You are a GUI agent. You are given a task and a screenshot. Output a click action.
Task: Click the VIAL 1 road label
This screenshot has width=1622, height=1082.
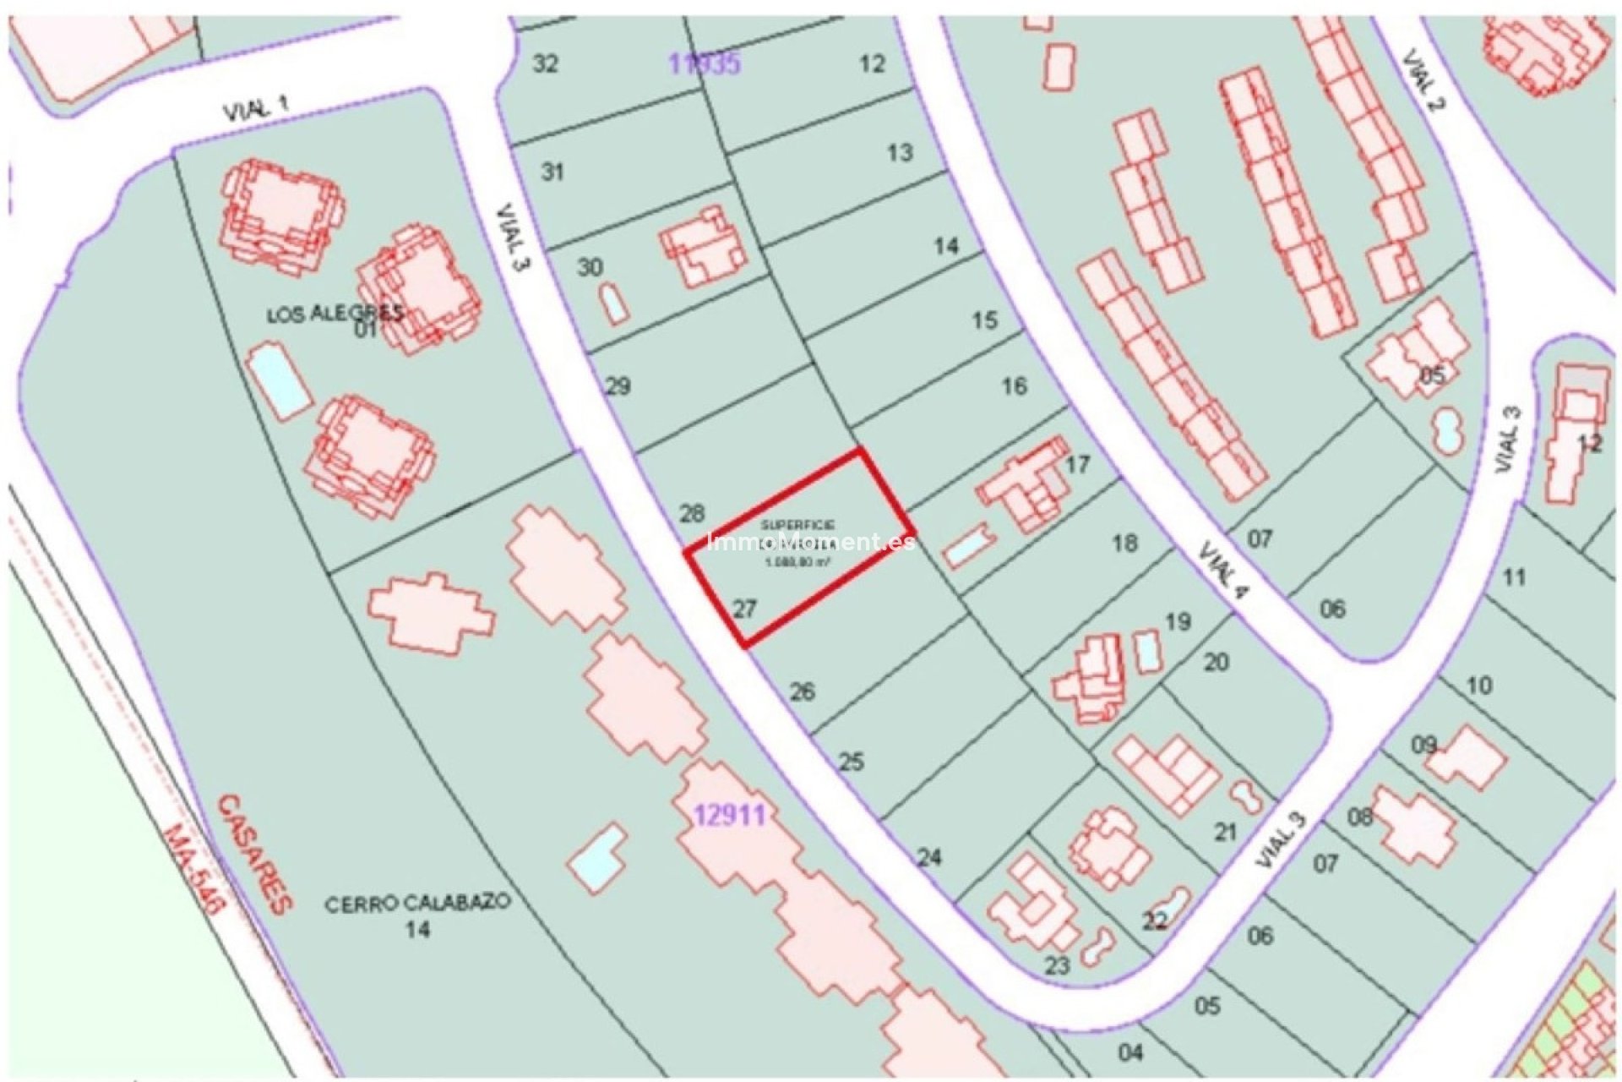pyautogui.click(x=255, y=108)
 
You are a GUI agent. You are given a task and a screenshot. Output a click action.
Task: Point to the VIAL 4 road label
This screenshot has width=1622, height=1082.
pyautogui.click(x=1223, y=572)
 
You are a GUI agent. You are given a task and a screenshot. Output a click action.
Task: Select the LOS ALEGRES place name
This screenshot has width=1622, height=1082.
pyautogui.click(x=335, y=314)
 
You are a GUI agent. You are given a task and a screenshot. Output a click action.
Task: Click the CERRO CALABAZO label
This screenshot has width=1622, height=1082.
pyautogui.click(x=417, y=902)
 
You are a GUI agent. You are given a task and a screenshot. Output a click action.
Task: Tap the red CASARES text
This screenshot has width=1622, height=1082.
pyautogui.click(x=254, y=853)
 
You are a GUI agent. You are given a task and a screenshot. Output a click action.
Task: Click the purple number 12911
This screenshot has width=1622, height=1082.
pyautogui.click(x=730, y=816)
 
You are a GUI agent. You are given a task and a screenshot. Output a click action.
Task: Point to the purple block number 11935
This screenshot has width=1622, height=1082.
pyautogui.click(x=705, y=63)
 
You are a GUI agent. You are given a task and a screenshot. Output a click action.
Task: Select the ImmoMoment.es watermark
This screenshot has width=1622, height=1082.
pyautogui.click(x=810, y=542)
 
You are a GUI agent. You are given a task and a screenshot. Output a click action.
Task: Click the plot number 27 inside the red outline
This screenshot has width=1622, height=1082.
pyautogui.click(x=744, y=609)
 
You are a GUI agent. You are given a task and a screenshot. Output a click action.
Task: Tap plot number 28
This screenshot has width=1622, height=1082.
pyautogui.click(x=692, y=513)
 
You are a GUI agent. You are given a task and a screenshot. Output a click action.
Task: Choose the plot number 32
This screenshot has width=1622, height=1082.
pyautogui.click(x=546, y=63)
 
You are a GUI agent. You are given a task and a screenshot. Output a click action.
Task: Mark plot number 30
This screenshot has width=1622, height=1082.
pyautogui.click(x=590, y=267)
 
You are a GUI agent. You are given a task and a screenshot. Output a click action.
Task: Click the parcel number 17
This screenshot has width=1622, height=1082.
pyautogui.click(x=1078, y=464)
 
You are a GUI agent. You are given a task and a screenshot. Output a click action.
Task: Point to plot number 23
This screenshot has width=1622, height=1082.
pyautogui.click(x=1057, y=965)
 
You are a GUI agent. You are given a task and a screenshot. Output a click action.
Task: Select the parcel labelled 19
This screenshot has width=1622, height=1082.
pyautogui.click(x=1178, y=622)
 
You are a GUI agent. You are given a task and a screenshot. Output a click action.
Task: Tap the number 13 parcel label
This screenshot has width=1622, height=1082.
pyautogui.click(x=900, y=152)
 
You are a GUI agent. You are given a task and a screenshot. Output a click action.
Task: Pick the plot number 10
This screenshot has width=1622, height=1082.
pyautogui.click(x=1478, y=686)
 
